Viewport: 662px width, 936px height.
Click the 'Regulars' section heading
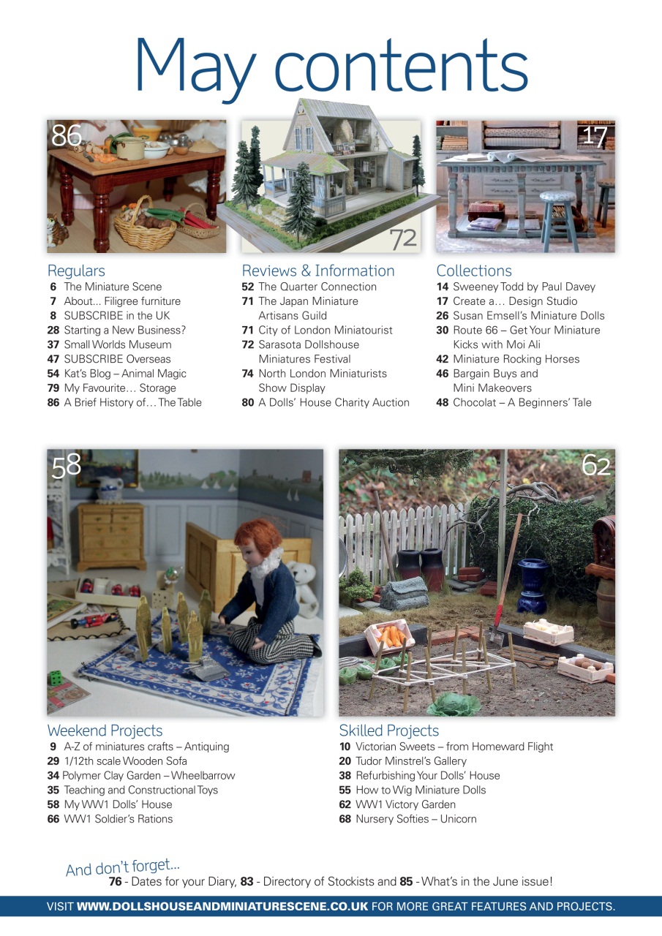(76, 271)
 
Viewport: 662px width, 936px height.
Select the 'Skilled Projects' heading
(388, 731)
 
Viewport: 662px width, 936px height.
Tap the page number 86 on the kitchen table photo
(66, 135)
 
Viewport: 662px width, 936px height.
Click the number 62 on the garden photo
(595, 465)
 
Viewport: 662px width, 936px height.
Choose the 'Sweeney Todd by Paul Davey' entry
(524, 287)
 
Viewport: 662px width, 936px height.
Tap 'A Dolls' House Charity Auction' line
(334, 402)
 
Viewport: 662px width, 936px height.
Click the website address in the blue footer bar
(222, 907)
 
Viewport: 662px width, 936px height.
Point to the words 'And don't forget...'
(123, 868)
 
